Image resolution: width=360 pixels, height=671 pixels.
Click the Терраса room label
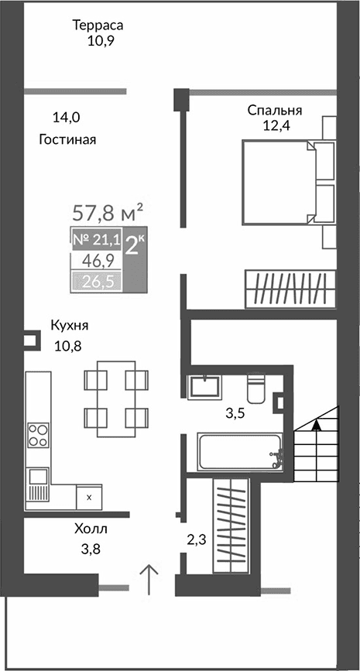pos(98,26)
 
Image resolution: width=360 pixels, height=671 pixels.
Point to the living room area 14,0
pos(66,118)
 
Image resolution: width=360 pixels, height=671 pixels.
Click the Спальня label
pos(274,111)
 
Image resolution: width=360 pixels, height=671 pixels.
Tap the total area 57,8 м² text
pos(108,211)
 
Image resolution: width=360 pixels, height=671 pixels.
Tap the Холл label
pos(91,530)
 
